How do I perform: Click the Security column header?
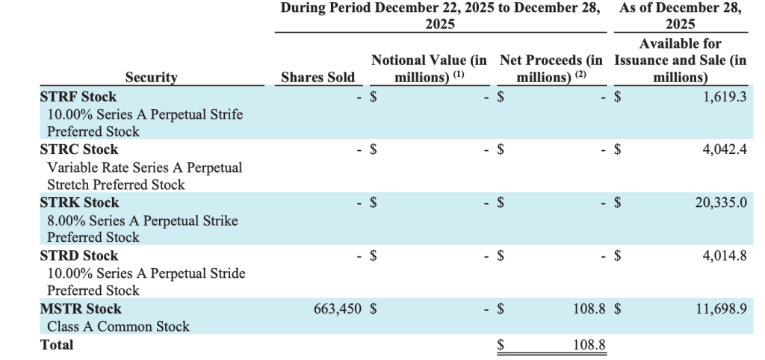(151, 77)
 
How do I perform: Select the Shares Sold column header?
(318, 77)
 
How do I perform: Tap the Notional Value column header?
(429, 68)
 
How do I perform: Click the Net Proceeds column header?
(551, 68)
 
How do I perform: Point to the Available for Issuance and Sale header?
(680, 60)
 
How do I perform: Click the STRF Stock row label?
(78, 96)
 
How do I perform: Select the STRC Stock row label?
(78, 149)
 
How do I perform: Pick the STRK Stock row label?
(79, 202)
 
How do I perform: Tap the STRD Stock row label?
(79, 255)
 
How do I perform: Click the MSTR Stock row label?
(81, 308)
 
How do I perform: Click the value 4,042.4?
(725, 149)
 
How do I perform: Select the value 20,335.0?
(721, 202)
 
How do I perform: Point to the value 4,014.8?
(725, 255)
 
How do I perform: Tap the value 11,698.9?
(721, 308)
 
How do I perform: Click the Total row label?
(57, 344)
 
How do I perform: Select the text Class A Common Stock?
(118, 326)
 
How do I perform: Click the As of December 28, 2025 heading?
(680, 16)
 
